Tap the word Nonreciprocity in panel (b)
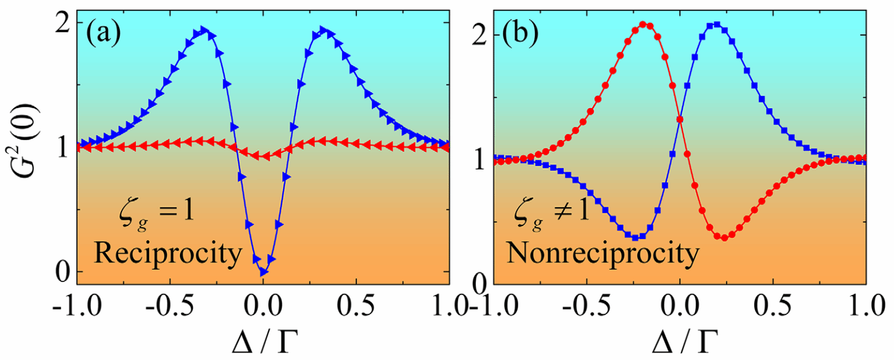pos(601,252)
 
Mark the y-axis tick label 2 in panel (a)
pos(63,23)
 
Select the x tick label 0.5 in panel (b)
pos(773,305)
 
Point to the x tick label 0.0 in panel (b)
pos(680,305)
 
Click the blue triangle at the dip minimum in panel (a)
pos(263,272)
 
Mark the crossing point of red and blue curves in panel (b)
pos(680,119)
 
